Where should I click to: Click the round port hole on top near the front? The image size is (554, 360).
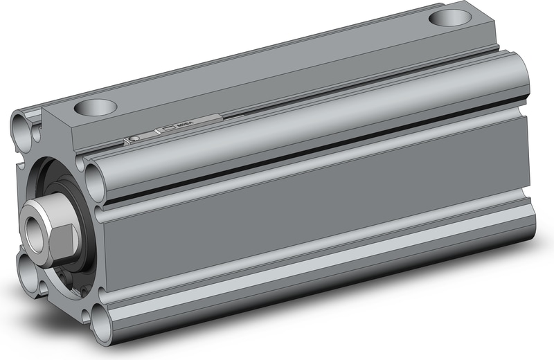(x=96, y=107)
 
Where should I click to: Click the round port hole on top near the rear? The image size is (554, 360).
(x=449, y=18)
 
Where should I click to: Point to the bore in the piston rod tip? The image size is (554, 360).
(x=34, y=225)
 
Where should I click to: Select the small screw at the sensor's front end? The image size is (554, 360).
(x=135, y=138)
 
